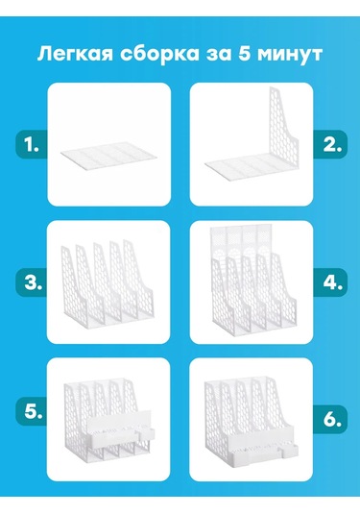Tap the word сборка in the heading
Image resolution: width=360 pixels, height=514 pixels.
click(159, 54)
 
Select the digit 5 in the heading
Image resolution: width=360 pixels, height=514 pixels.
click(244, 54)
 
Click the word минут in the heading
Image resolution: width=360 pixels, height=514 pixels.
click(290, 55)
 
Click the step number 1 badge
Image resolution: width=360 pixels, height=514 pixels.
click(31, 144)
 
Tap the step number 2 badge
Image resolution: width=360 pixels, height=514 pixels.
click(330, 144)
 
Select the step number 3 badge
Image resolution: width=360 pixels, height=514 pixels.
click(31, 282)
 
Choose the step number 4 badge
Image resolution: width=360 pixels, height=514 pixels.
click(330, 282)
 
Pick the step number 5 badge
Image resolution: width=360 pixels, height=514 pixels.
click(31, 411)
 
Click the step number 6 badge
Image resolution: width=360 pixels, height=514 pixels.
click(330, 419)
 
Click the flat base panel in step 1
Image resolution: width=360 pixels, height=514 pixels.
click(108, 157)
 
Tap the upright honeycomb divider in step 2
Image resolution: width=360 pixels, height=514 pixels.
click(282, 131)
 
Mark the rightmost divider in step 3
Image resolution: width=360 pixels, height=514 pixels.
click(138, 279)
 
